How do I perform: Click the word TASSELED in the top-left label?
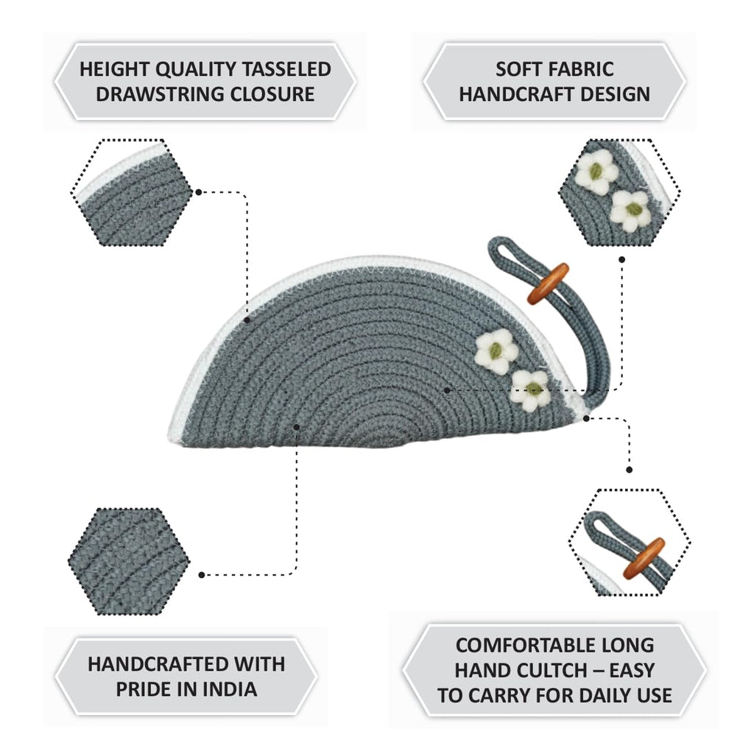286,69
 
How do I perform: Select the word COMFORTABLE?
528,645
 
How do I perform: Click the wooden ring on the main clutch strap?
548,283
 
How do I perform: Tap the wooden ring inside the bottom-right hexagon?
644,559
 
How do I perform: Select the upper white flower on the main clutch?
496,351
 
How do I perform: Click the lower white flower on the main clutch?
531,390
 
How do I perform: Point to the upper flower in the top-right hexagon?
596,172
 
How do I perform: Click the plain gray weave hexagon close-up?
129,561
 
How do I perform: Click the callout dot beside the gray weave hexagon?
202,574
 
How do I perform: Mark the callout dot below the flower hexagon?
621,260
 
